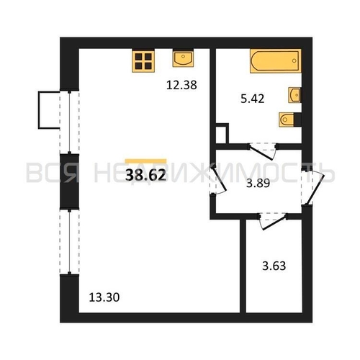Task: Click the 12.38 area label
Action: point(181,85)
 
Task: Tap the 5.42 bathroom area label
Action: point(253,99)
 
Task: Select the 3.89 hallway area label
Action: point(258,184)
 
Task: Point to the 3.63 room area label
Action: point(274,266)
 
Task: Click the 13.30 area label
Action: point(104,297)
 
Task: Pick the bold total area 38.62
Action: point(145,175)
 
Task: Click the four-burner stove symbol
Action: point(143,60)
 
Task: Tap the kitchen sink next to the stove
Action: point(183,58)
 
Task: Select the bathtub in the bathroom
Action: point(276,60)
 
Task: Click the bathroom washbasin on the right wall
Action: point(294,95)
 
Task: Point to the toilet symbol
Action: point(290,120)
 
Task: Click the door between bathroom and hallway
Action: point(262,152)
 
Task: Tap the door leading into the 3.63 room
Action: point(274,222)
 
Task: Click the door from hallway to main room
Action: point(219,181)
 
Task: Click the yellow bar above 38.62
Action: point(145,161)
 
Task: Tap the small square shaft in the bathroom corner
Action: point(222,133)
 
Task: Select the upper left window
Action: point(69,122)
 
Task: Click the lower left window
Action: point(69,242)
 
